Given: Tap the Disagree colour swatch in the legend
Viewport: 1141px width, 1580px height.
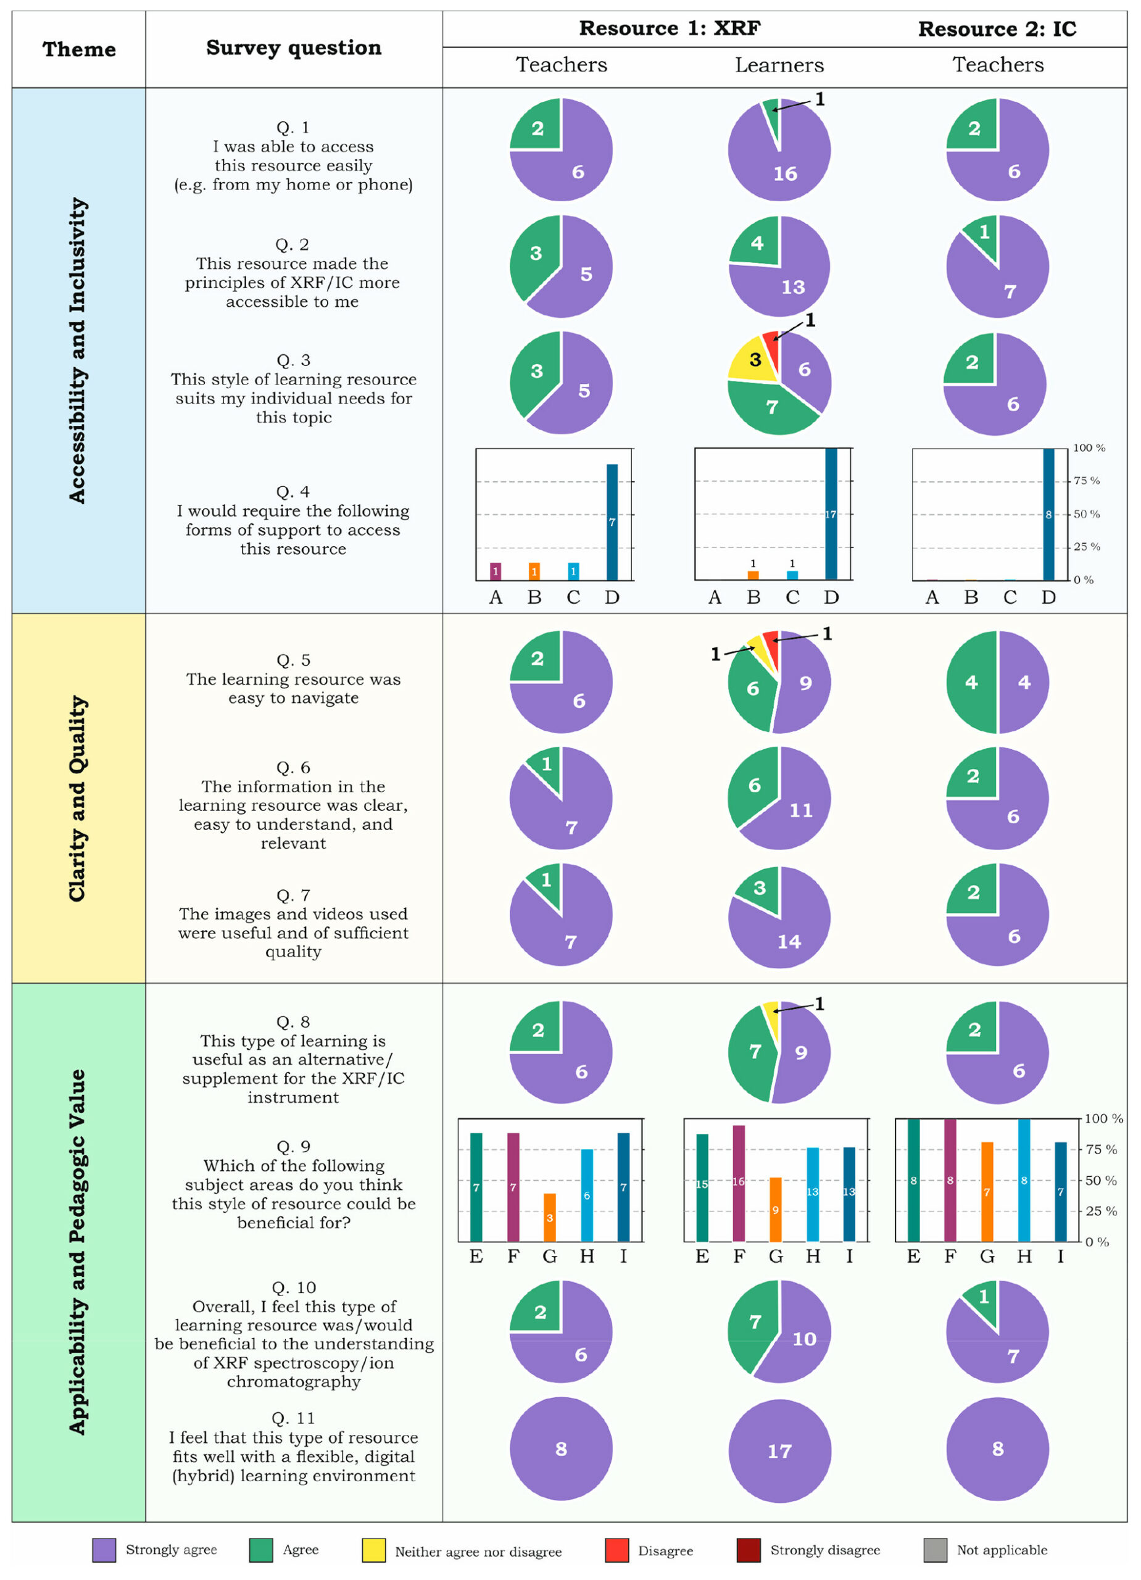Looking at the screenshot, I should point(616,1550).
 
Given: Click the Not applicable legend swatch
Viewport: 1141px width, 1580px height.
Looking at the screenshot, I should point(935,1550).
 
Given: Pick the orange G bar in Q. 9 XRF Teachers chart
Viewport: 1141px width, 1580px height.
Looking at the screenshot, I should point(550,1217).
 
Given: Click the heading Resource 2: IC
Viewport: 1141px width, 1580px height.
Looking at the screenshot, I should point(997,29).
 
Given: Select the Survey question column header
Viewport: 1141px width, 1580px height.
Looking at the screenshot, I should point(293,48).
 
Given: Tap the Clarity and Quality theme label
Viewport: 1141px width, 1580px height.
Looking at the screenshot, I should point(77,799).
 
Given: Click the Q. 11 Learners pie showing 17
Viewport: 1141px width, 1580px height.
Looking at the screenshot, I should point(779,1450).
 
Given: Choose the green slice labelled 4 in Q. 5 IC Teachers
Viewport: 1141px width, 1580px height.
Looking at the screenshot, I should point(971,682).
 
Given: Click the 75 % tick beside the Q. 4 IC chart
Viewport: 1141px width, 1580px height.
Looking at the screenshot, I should point(1086,481).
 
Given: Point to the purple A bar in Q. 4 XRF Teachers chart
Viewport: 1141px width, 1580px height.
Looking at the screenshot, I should point(496,572).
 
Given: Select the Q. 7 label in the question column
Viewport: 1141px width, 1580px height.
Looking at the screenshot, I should point(293,894).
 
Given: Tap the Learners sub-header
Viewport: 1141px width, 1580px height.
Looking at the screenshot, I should point(779,65).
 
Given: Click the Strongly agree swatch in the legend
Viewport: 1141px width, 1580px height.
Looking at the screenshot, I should point(104,1550).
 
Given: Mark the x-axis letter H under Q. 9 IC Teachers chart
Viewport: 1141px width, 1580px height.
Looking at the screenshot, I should point(1024,1256).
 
